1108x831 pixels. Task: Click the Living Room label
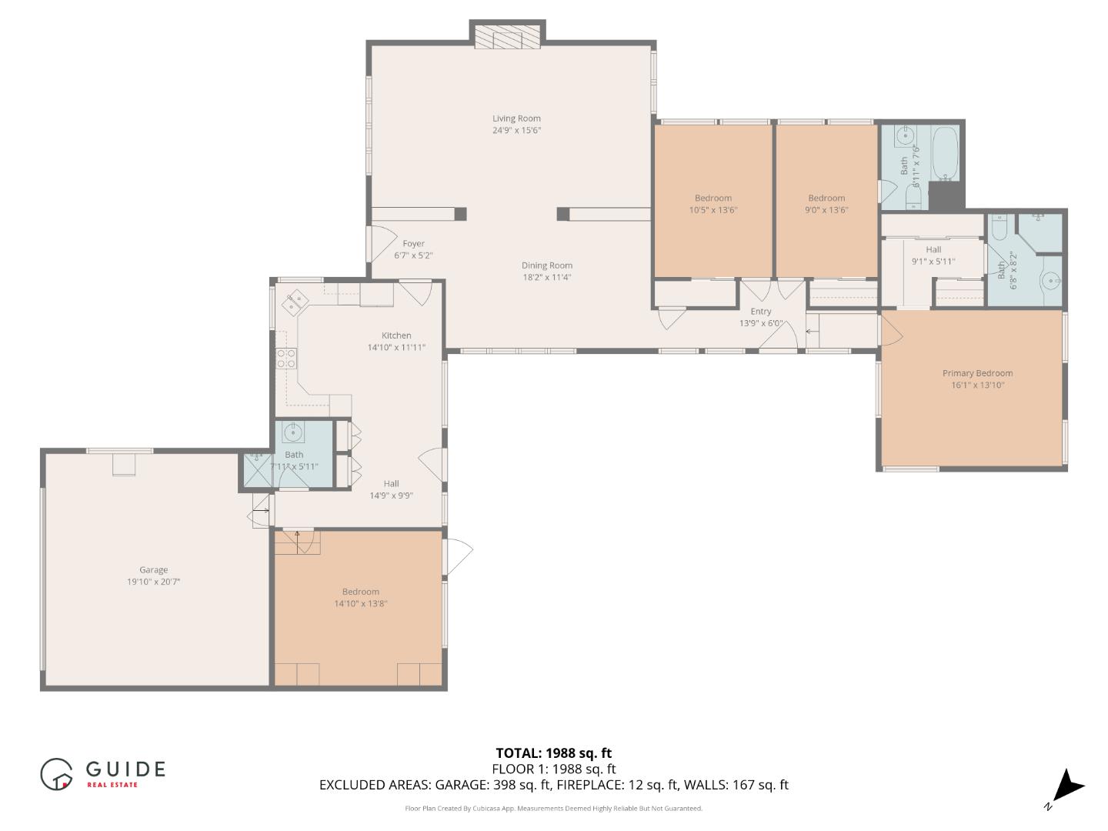[516, 118]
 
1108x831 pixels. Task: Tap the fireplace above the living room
[507, 38]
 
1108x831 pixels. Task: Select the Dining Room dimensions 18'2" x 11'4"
[546, 278]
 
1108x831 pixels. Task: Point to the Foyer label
[413, 244]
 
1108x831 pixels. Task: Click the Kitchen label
[396, 335]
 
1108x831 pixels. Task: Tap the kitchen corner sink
[295, 302]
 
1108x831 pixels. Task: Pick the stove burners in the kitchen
[286, 358]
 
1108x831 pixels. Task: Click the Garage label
[153, 570]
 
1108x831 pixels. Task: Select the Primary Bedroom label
[977, 373]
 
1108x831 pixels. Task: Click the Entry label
[760, 312]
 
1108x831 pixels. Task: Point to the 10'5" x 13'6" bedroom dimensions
[713, 210]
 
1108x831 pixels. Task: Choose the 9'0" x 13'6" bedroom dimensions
[826, 210]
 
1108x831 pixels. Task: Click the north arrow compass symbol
[1066, 788]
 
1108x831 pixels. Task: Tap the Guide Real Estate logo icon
[56, 774]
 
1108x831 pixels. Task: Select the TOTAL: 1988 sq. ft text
[553, 753]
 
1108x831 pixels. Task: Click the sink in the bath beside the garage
[293, 433]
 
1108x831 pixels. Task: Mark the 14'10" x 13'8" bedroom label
[360, 603]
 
